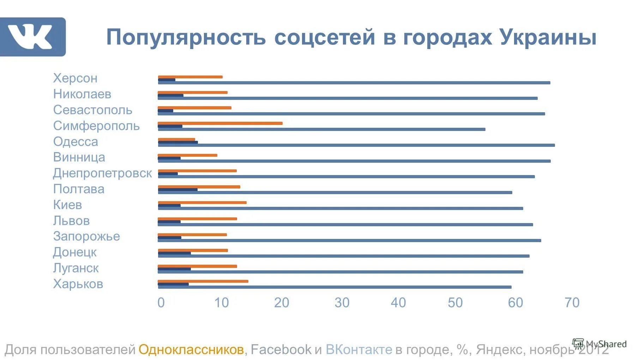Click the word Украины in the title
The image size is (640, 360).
pos(548,37)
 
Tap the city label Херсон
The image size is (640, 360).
pos(75,78)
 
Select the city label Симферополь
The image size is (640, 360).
pos(96,126)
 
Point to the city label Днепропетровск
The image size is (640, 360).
pos(102,173)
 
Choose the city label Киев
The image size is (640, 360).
pos(67,205)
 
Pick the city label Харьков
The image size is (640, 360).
pos(78,284)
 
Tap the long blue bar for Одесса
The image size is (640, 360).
pos(356,145)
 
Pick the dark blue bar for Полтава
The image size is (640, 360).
pos(178,190)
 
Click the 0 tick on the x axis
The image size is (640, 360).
pos(161,303)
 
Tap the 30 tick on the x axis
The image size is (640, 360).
pos(342,303)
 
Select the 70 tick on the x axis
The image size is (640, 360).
pos(572,303)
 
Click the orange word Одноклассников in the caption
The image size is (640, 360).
pos(191,349)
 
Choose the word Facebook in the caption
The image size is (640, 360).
pos(281,349)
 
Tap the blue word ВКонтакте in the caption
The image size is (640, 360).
pos(359,349)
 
